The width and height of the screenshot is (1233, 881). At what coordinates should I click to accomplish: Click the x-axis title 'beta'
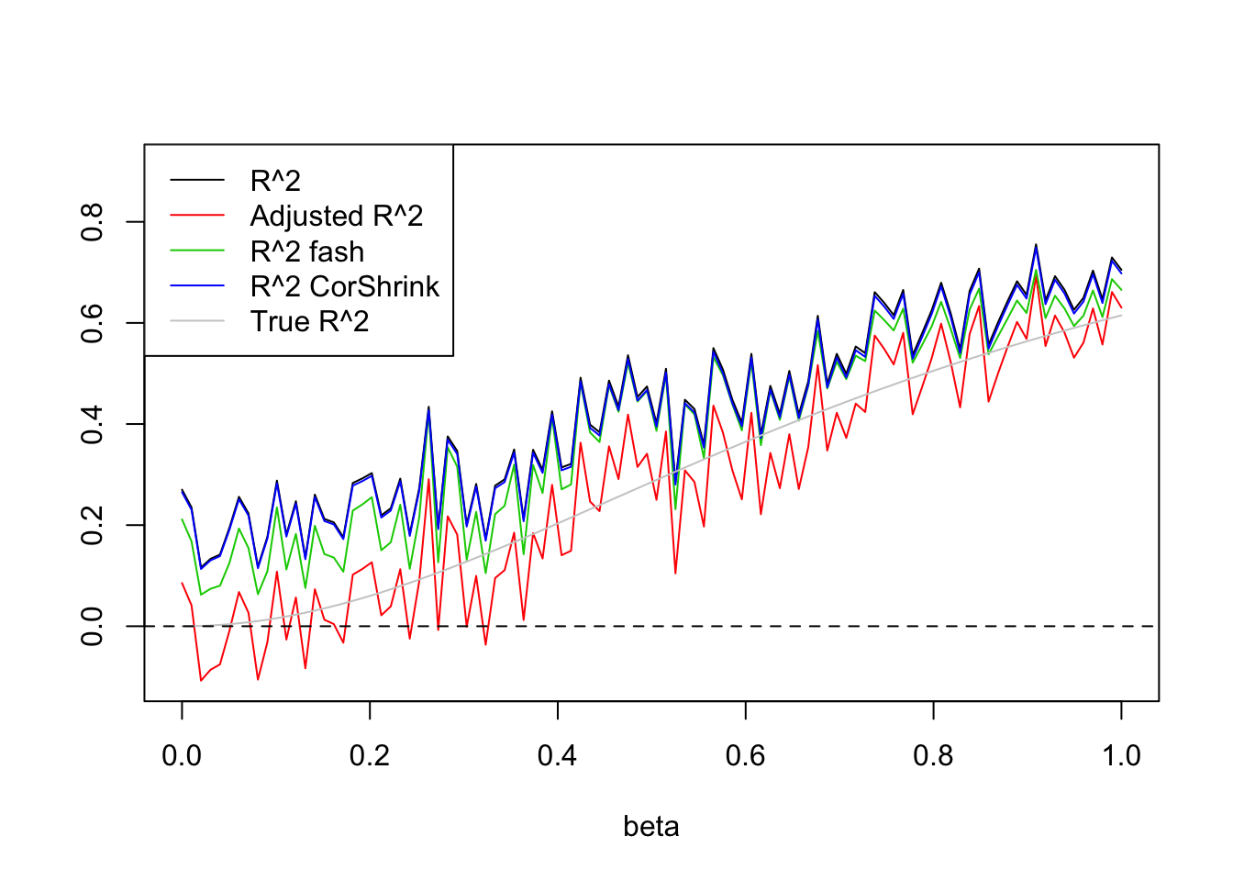tap(650, 826)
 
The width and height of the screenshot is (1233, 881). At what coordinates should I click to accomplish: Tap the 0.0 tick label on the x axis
tap(182, 755)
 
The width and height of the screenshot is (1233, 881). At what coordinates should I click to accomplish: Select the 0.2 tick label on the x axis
tap(370, 755)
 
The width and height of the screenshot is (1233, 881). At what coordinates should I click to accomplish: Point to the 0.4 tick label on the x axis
tap(558, 755)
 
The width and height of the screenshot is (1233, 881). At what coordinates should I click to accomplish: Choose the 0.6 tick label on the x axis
tap(746, 755)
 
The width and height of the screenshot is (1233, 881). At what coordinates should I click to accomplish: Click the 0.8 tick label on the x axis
tap(933, 755)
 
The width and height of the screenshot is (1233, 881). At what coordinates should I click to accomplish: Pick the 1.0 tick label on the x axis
tap(1121, 755)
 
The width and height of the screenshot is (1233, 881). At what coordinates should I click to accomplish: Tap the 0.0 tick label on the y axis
tap(92, 626)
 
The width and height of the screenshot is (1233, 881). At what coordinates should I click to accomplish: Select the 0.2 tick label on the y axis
tap(92, 525)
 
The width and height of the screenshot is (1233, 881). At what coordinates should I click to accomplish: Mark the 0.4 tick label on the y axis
tap(92, 424)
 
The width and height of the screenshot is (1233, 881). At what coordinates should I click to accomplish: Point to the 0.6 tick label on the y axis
tap(92, 323)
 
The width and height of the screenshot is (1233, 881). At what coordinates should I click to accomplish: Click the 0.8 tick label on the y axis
tap(92, 222)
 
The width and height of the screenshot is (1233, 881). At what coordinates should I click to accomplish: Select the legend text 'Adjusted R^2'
tap(337, 216)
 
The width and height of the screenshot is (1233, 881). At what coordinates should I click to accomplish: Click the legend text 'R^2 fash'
tap(307, 251)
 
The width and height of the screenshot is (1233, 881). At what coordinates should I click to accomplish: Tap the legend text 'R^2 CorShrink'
tap(345, 286)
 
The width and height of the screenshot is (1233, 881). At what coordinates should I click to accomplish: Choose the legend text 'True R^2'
tap(309, 321)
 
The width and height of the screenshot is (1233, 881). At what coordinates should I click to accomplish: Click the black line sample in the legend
tap(197, 181)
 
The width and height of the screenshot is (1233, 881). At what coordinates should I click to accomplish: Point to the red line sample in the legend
tap(197, 216)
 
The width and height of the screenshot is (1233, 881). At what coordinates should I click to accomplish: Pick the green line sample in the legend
tap(197, 251)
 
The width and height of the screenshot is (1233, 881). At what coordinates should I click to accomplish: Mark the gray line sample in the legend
tap(197, 321)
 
